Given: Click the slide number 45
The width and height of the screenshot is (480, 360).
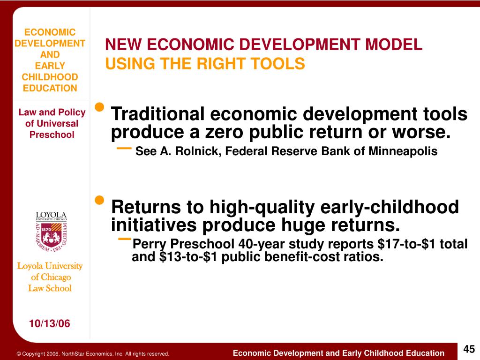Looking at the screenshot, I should point(469,349).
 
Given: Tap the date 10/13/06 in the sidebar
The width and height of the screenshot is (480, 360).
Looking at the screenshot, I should point(49,323).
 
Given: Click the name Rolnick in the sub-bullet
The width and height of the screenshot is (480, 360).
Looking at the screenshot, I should point(191,151).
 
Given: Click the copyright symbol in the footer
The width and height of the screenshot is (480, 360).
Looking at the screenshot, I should point(19,354).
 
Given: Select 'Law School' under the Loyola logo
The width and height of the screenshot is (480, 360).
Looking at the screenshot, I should point(50,288).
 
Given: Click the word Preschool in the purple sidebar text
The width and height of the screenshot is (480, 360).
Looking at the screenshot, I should point(52,135).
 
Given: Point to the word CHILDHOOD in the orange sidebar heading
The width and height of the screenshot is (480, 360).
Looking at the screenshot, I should point(50,77).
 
